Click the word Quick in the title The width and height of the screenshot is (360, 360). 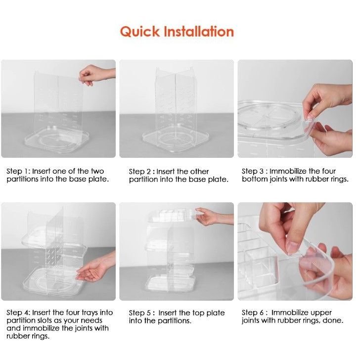pyautogui.click(x=140, y=32)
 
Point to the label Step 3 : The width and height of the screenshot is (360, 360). pyautogui.click(x=255, y=171)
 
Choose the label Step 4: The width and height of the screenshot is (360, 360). pyautogui.click(x=18, y=313)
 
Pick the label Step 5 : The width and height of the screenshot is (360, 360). pyautogui.click(x=141, y=313)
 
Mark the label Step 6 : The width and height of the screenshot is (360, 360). pyautogui.click(x=255, y=313)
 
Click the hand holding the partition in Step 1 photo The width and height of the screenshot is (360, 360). pyautogui.click(x=95, y=74)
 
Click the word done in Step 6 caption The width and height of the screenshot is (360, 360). pyautogui.click(x=333, y=320)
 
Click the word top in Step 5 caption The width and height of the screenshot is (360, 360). pyautogui.click(x=198, y=314)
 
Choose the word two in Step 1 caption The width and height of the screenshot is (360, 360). pyautogui.click(x=97, y=172)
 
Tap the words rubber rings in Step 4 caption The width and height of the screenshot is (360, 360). pyautogui.click(x=28, y=336)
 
